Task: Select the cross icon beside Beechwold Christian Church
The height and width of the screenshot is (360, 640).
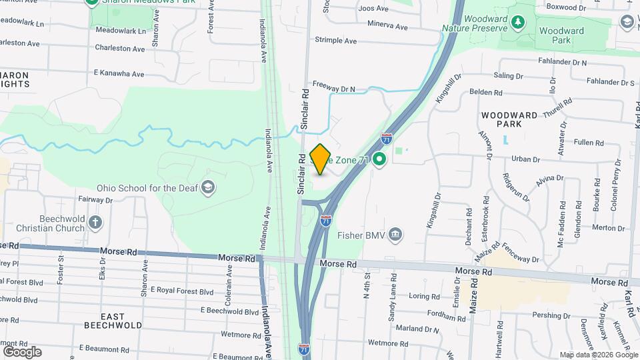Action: (x=96, y=222)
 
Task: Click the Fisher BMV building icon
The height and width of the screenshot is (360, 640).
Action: (x=396, y=235)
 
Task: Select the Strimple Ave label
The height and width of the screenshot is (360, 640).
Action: (x=337, y=41)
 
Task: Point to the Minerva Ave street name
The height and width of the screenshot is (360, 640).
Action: (x=387, y=27)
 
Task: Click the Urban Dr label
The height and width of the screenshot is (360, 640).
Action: (x=525, y=159)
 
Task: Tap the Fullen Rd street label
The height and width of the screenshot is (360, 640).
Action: (x=588, y=143)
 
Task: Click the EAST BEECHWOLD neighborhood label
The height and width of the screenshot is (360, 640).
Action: (x=113, y=321)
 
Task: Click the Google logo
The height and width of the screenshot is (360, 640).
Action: (x=22, y=351)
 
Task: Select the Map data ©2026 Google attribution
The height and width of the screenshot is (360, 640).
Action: (x=598, y=355)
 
